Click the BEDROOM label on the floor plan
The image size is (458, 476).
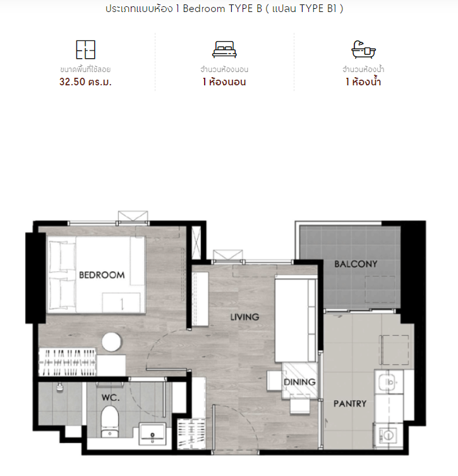(102, 275)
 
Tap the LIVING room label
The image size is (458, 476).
(244, 317)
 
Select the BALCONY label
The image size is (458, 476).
(356, 264)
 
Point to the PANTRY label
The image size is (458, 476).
(350, 403)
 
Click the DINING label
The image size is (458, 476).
(299, 382)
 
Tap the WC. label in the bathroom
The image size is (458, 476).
(111, 398)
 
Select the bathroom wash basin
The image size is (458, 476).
(152, 434)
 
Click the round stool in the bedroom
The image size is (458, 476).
(112, 342)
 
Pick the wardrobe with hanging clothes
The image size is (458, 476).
(68, 362)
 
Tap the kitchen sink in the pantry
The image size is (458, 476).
(389, 382)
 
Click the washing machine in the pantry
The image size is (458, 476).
(388, 436)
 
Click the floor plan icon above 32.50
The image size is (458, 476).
(85, 49)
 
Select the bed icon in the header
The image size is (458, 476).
(224, 49)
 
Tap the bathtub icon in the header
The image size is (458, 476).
(363, 49)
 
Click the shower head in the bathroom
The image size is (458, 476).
(59, 387)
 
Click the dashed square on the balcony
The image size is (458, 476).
(380, 290)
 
